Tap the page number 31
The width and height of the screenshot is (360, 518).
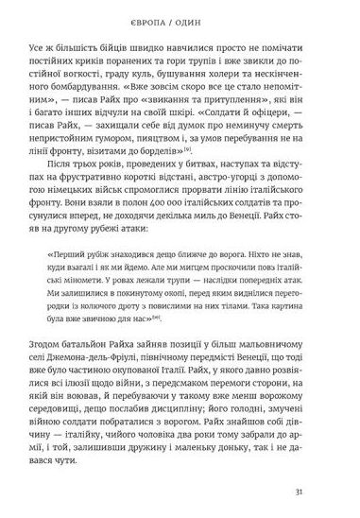click(x=324, y=491)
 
